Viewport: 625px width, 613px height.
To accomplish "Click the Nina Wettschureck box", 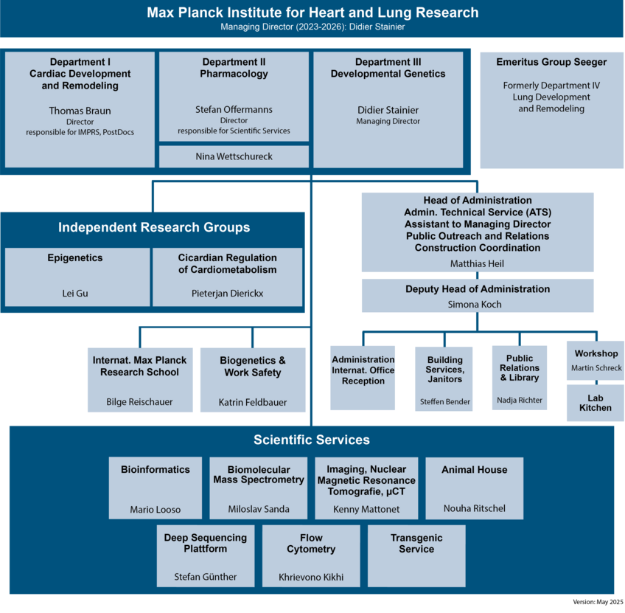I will [x=234, y=156].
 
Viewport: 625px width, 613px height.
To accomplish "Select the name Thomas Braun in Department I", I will [x=80, y=111].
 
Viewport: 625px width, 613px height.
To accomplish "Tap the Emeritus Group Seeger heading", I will [x=551, y=62].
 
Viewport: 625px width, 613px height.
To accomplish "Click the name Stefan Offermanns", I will [x=234, y=109].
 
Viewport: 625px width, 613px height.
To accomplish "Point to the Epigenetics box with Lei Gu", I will [x=75, y=277].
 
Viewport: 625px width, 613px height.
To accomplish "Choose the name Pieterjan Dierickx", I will [x=227, y=293].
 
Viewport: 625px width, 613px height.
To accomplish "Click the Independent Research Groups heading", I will [x=154, y=227].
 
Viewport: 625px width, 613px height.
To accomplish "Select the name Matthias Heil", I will [x=478, y=263].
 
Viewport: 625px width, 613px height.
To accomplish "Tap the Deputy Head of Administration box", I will [x=478, y=295].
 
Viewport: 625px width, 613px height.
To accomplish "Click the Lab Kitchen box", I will [x=595, y=403].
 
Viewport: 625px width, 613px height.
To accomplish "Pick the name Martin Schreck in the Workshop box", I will [x=596, y=368].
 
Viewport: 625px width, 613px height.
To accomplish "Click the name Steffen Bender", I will [x=445, y=402].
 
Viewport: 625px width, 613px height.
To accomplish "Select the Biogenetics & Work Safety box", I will [x=253, y=380].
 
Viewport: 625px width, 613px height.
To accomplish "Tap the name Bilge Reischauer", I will [x=139, y=402].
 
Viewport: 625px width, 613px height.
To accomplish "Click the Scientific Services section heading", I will [x=312, y=440].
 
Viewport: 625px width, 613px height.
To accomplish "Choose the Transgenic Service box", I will [x=416, y=555].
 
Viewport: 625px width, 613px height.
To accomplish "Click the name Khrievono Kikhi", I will [x=311, y=577].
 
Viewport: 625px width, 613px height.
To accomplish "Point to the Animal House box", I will [x=475, y=488].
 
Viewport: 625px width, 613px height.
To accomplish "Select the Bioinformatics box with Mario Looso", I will [x=156, y=488].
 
